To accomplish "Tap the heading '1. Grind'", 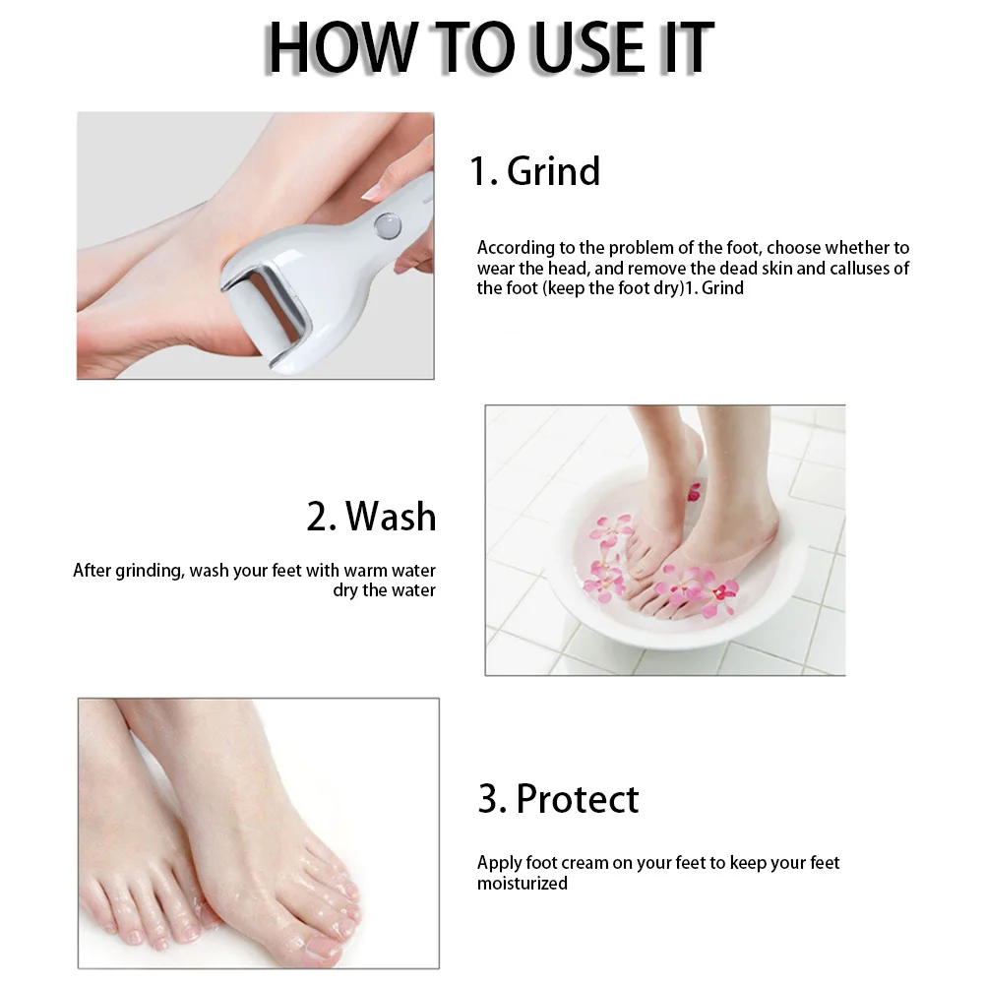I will coord(534,171).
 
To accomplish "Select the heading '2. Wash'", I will coord(371,516).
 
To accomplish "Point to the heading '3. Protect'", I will coord(558,798).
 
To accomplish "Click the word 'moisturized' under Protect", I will coord(523,884).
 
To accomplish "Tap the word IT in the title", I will coord(686,46).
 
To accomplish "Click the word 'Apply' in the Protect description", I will coord(499,863).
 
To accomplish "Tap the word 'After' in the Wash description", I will coord(92,571).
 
